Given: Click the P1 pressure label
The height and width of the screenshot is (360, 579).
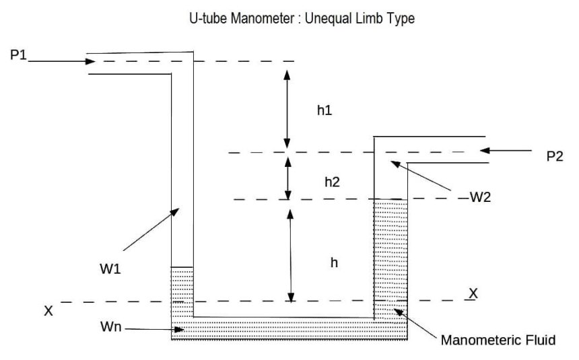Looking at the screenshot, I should click(19, 55).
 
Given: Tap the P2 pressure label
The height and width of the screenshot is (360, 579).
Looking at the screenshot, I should click(555, 156).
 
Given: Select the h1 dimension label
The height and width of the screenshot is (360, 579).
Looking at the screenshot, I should click(325, 110).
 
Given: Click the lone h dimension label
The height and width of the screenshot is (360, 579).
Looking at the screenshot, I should click(335, 264).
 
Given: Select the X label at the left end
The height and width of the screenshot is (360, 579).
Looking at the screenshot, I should click(48, 311).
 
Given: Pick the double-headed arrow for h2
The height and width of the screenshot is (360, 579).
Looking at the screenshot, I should click(288, 177).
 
